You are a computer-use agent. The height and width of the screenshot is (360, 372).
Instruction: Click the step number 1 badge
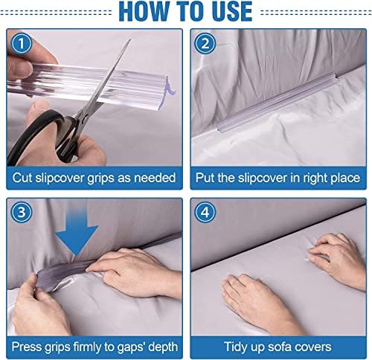22,44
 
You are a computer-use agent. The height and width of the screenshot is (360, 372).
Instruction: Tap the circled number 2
205,44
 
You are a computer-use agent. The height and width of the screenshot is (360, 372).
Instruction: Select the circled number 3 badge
22,213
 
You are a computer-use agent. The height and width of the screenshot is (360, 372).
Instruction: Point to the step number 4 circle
205,213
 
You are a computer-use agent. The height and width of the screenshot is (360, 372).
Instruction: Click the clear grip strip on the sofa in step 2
277,102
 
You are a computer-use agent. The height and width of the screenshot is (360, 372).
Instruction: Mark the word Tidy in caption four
234,347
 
